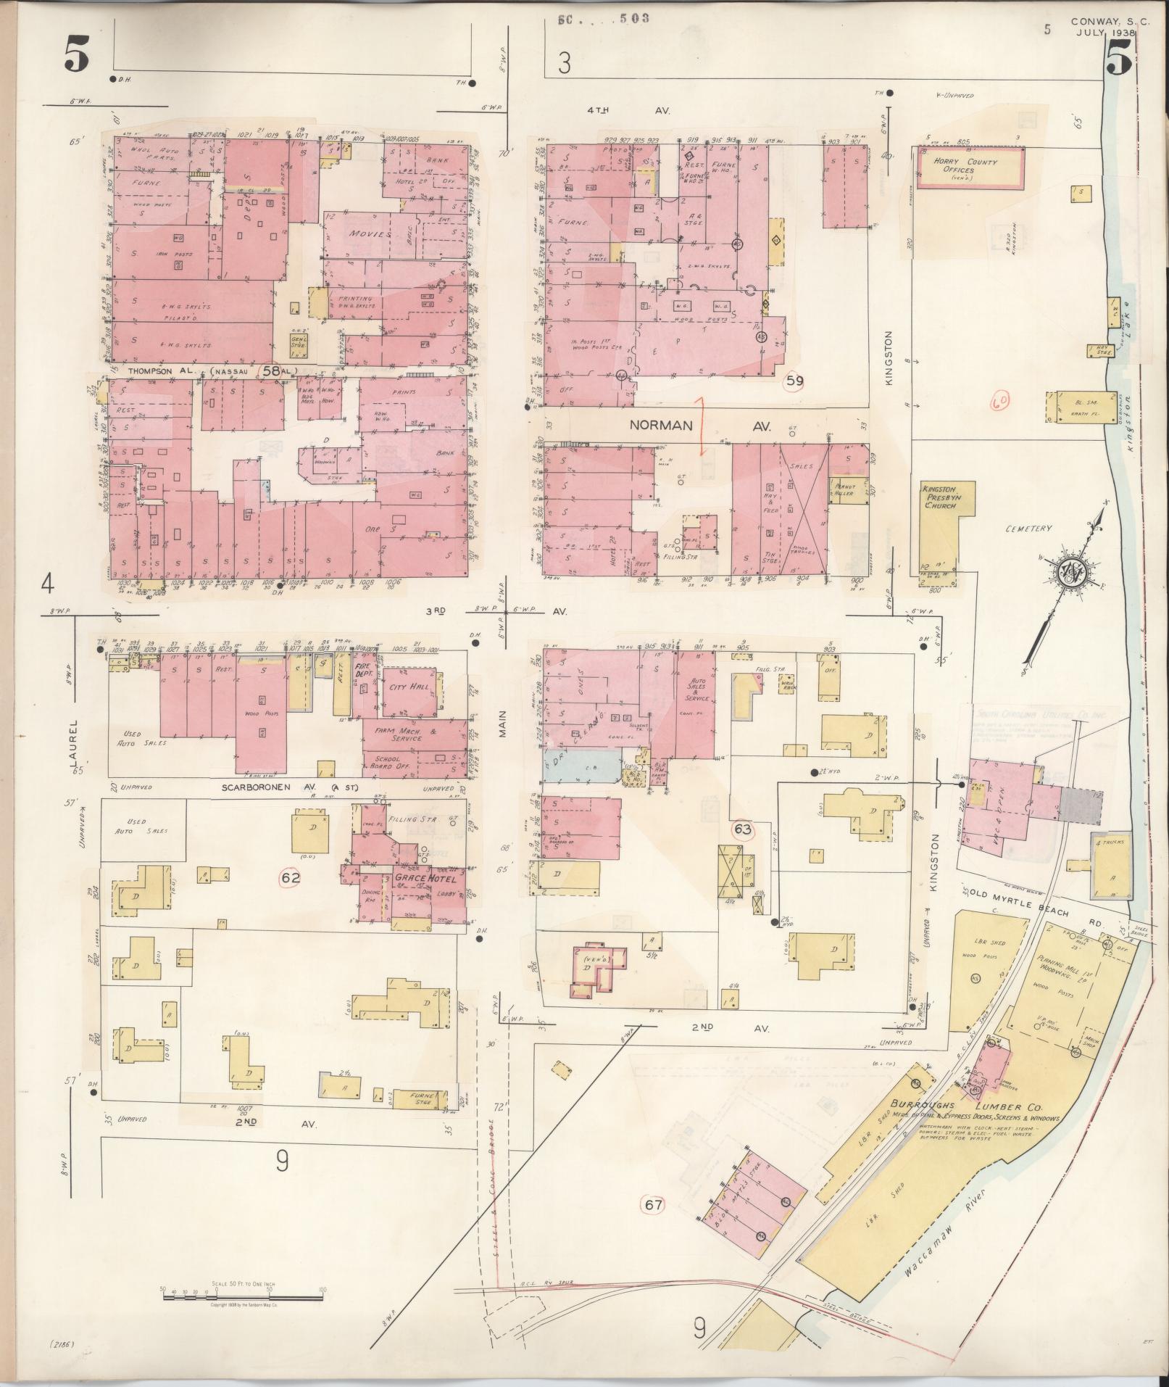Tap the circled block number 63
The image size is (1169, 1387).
click(x=743, y=829)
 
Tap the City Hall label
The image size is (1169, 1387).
click(x=409, y=686)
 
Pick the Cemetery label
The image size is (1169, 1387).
click(x=1028, y=529)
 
